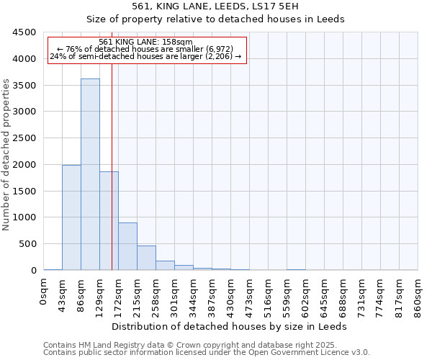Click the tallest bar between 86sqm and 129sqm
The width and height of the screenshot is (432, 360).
[90, 174]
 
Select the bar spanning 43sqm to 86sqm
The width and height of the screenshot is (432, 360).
[71, 217]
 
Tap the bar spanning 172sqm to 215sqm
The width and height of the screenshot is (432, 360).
[127, 246]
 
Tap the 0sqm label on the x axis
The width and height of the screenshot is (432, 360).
[43, 292]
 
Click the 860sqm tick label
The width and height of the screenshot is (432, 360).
[418, 294]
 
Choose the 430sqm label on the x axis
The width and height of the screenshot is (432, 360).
[230, 294]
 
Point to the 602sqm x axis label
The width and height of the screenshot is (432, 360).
[305, 294]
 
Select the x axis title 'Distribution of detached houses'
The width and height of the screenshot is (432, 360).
[230, 326]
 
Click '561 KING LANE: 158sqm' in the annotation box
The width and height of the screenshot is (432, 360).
[145, 42]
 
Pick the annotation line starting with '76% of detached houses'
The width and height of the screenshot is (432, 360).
[146, 49]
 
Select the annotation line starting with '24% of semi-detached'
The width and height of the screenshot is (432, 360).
[146, 56]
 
